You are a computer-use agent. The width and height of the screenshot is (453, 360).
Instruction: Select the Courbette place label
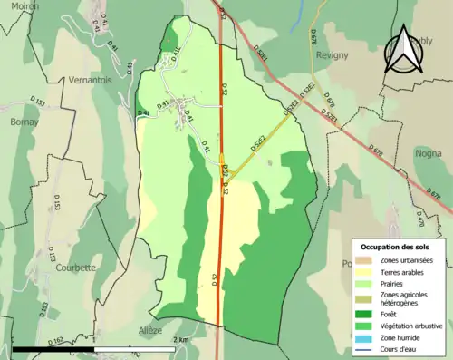tap(74, 268)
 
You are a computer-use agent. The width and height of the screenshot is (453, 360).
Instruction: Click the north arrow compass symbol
tap(404, 51)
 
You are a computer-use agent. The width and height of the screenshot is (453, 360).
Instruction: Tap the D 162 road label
tap(56, 341)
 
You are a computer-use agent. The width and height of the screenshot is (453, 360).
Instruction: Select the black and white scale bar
tap(94, 348)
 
